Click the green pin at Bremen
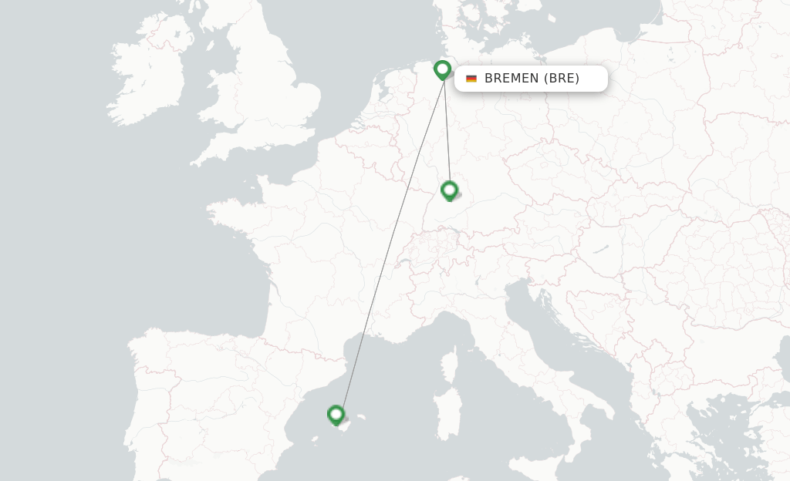click(442, 70)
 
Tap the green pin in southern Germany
click(449, 190)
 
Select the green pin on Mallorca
click(336, 415)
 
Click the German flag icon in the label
click(471, 79)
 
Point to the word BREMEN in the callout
click(511, 79)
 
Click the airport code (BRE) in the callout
click(562, 79)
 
